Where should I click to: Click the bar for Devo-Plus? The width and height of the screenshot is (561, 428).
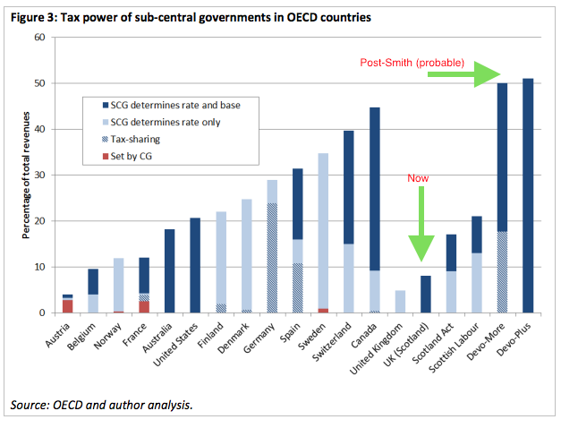[x=527, y=196]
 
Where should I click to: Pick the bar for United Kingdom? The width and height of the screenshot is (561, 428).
[x=401, y=302]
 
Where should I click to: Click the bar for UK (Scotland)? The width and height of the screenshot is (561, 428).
[x=426, y=295]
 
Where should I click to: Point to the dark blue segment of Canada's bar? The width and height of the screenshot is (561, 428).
[x=374, y=189]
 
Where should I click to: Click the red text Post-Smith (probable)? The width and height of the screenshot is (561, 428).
[x=412, y=63]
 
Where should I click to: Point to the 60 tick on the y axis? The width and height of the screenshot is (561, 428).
[x=38, y=38]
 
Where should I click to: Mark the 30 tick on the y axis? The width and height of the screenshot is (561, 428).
[x=38, y=175]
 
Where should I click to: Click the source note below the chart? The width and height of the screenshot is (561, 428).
[x=101, y=407]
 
